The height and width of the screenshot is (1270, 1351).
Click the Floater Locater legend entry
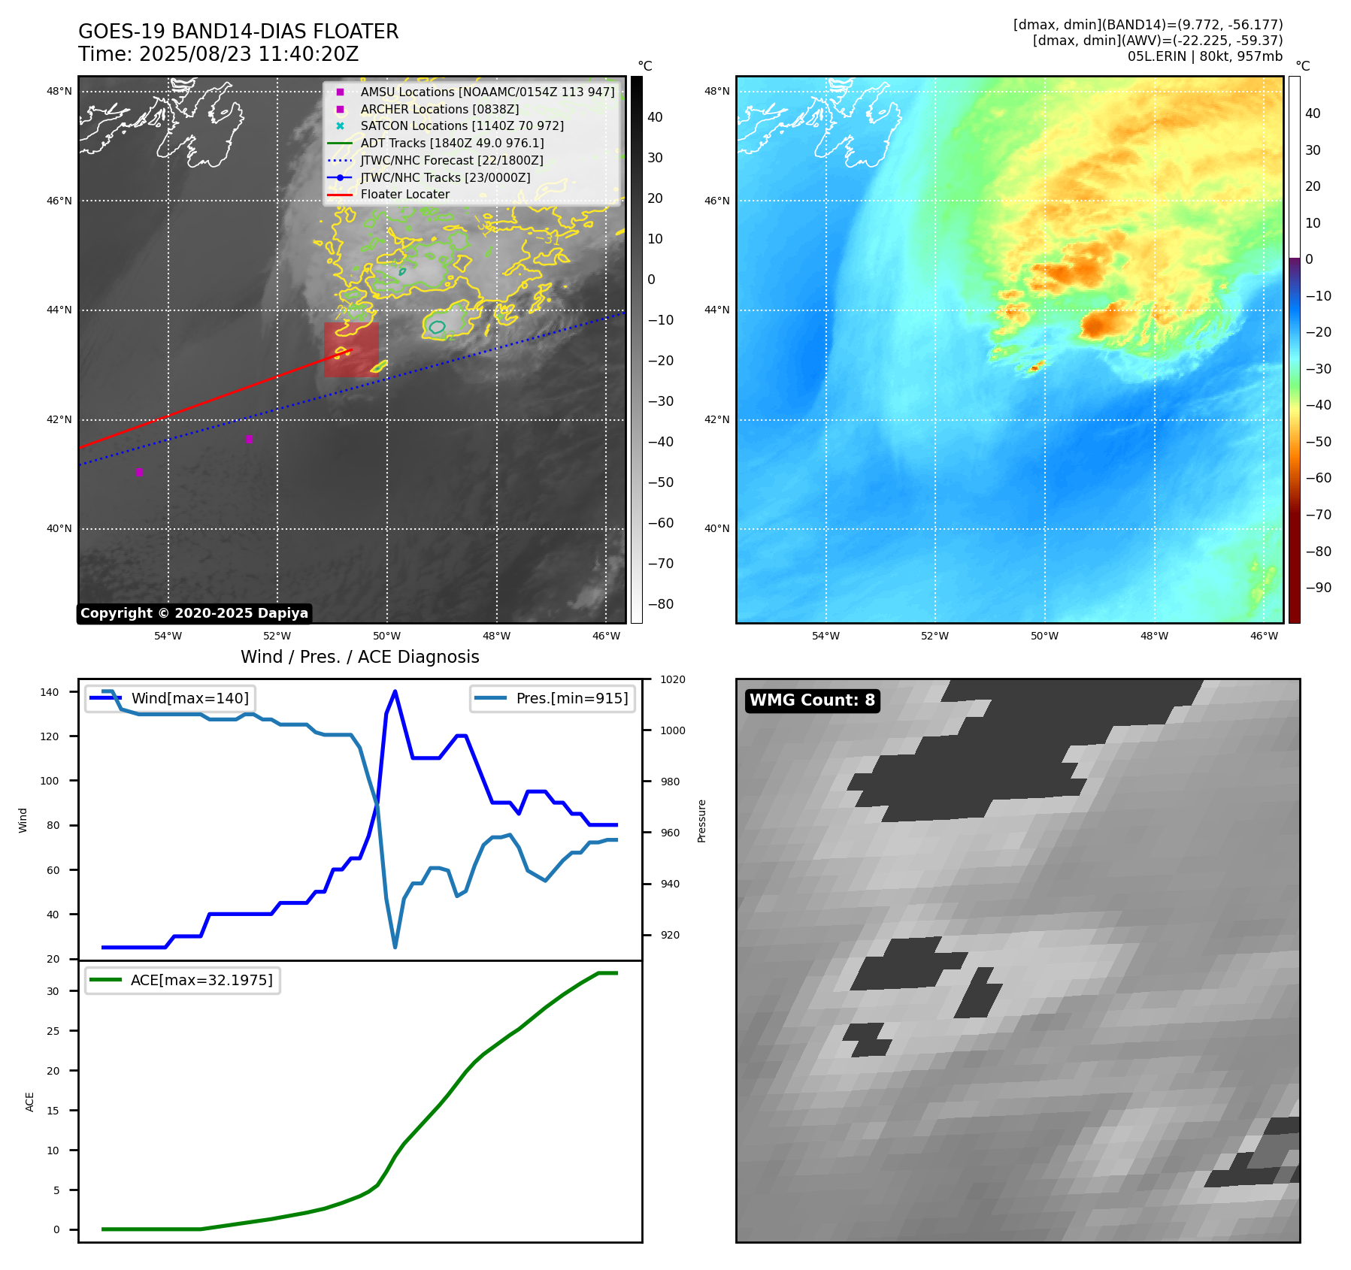(x=404, y=195)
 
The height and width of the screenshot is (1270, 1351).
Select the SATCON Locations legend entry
(x=462, y=126)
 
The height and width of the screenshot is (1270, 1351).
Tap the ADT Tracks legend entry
(x=452, y=144)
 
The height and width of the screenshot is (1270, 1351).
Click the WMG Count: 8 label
(x=812, y=700)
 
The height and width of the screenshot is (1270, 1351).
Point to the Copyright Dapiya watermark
(x=194, y=613)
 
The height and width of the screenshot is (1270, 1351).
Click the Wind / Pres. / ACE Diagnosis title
(x=359, y=658)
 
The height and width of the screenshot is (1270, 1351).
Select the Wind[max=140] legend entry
(x=189, y=699)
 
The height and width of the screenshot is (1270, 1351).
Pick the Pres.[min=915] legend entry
(x=571, y=699)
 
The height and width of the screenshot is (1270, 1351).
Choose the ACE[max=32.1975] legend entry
(x=201, y=981)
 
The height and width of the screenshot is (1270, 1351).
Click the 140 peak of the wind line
(x=395, y=692)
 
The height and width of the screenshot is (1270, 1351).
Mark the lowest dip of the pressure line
(x=395, y=947)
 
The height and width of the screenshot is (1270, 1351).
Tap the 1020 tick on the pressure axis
(x=672, y=680)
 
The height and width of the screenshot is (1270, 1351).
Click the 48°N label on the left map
(x=59, y=92)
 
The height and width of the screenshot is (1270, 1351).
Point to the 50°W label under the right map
(x=1044, y=637)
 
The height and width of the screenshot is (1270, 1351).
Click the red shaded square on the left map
(x=351, y=349)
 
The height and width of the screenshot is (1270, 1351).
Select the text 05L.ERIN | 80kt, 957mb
(x=1204, y=56)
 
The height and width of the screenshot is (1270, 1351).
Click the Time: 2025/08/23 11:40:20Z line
(x=218, y=55)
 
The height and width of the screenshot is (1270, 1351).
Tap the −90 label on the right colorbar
(x=1318, y=588)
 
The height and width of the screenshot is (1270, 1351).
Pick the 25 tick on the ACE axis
(x=53, y=1031)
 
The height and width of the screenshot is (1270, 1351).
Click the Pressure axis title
(x=701, y=821)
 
